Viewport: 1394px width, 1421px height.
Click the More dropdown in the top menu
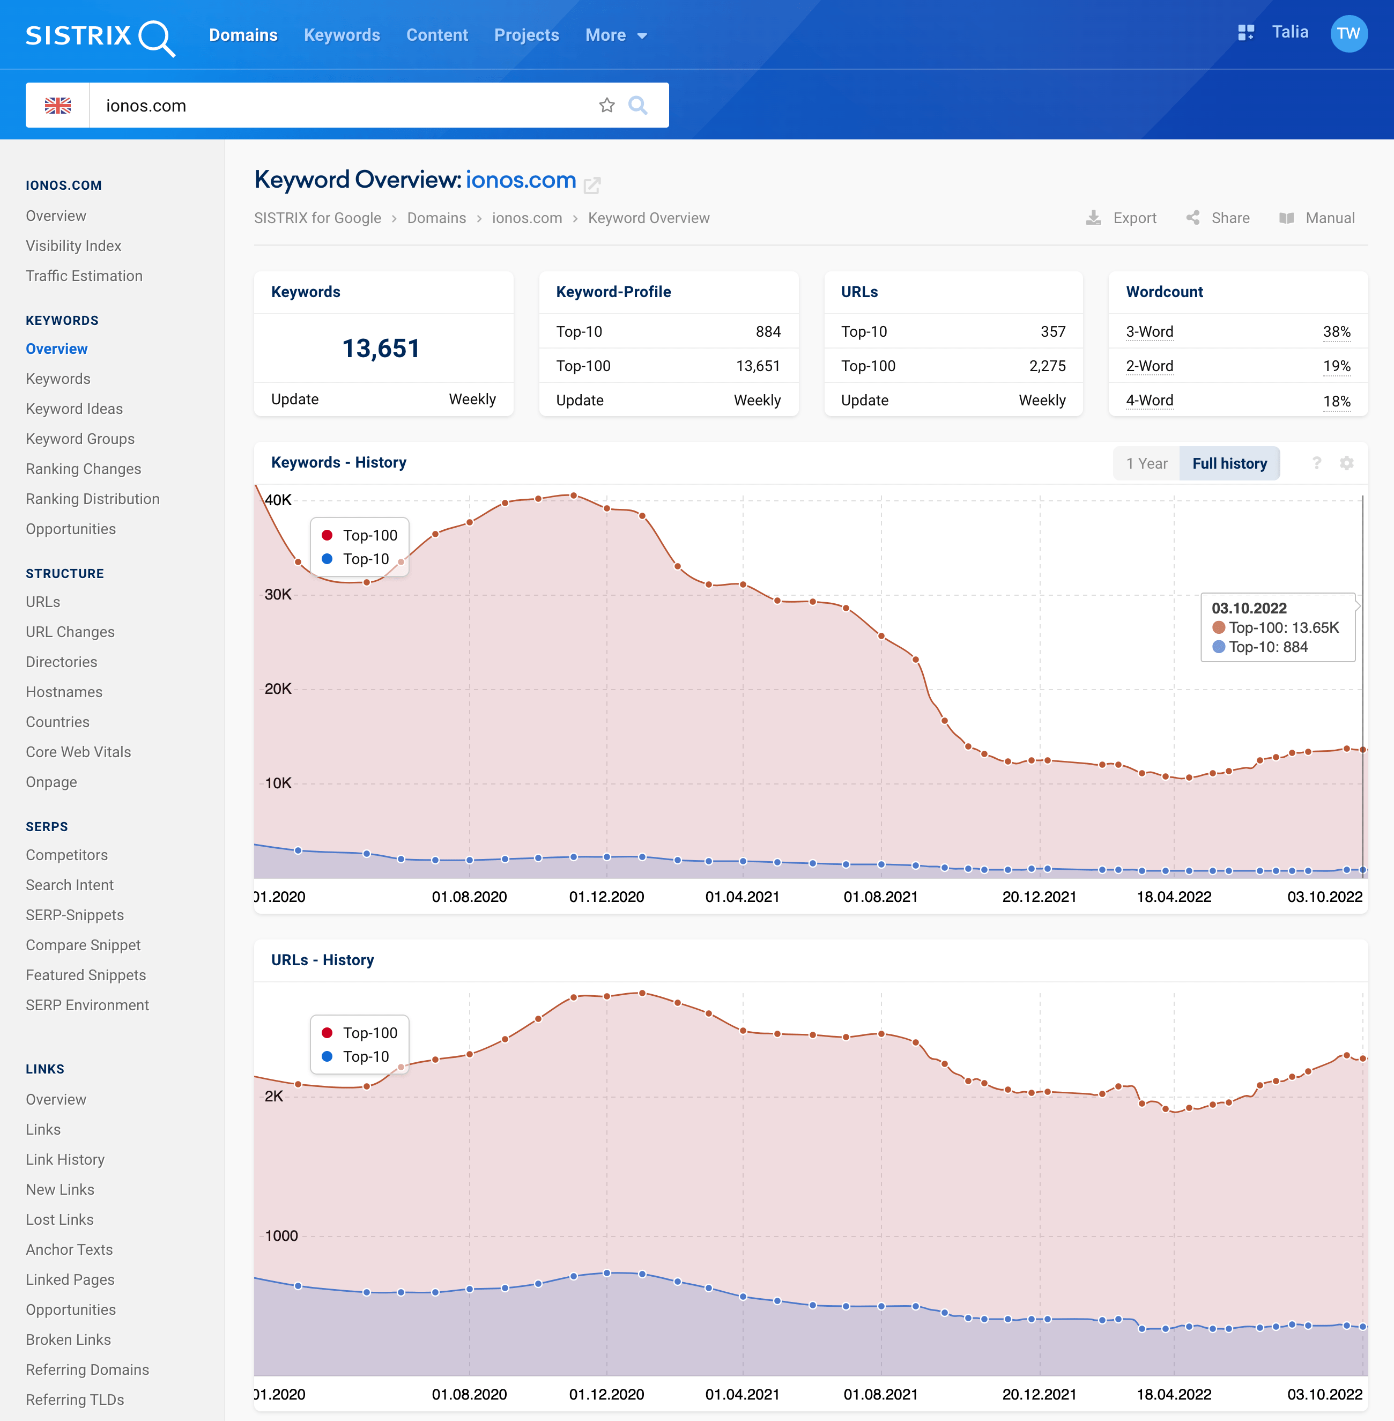(x=615, y=35)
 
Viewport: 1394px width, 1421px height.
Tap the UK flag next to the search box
(x=58, y=106)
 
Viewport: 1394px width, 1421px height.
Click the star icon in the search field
(x=606, y=106)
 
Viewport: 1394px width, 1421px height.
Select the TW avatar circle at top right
(x=1348, y=34)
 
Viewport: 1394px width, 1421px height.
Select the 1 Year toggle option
(x=1146, y=463)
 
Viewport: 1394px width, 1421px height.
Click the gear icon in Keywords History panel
(x=1346, y=463)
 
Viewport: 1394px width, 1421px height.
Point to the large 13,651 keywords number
(x=381, y=349)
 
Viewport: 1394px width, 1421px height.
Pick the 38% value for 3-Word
(x=1336, y=331)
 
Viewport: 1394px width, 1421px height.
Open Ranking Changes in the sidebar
(x=84, y=469)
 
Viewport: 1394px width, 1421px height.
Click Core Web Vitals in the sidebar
(x=78, y=752)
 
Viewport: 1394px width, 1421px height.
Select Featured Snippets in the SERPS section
(x=86, y=975)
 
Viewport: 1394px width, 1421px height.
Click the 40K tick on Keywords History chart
(x=278, y=500)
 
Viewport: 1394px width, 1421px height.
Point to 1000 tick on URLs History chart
(x=281, y=1236)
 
